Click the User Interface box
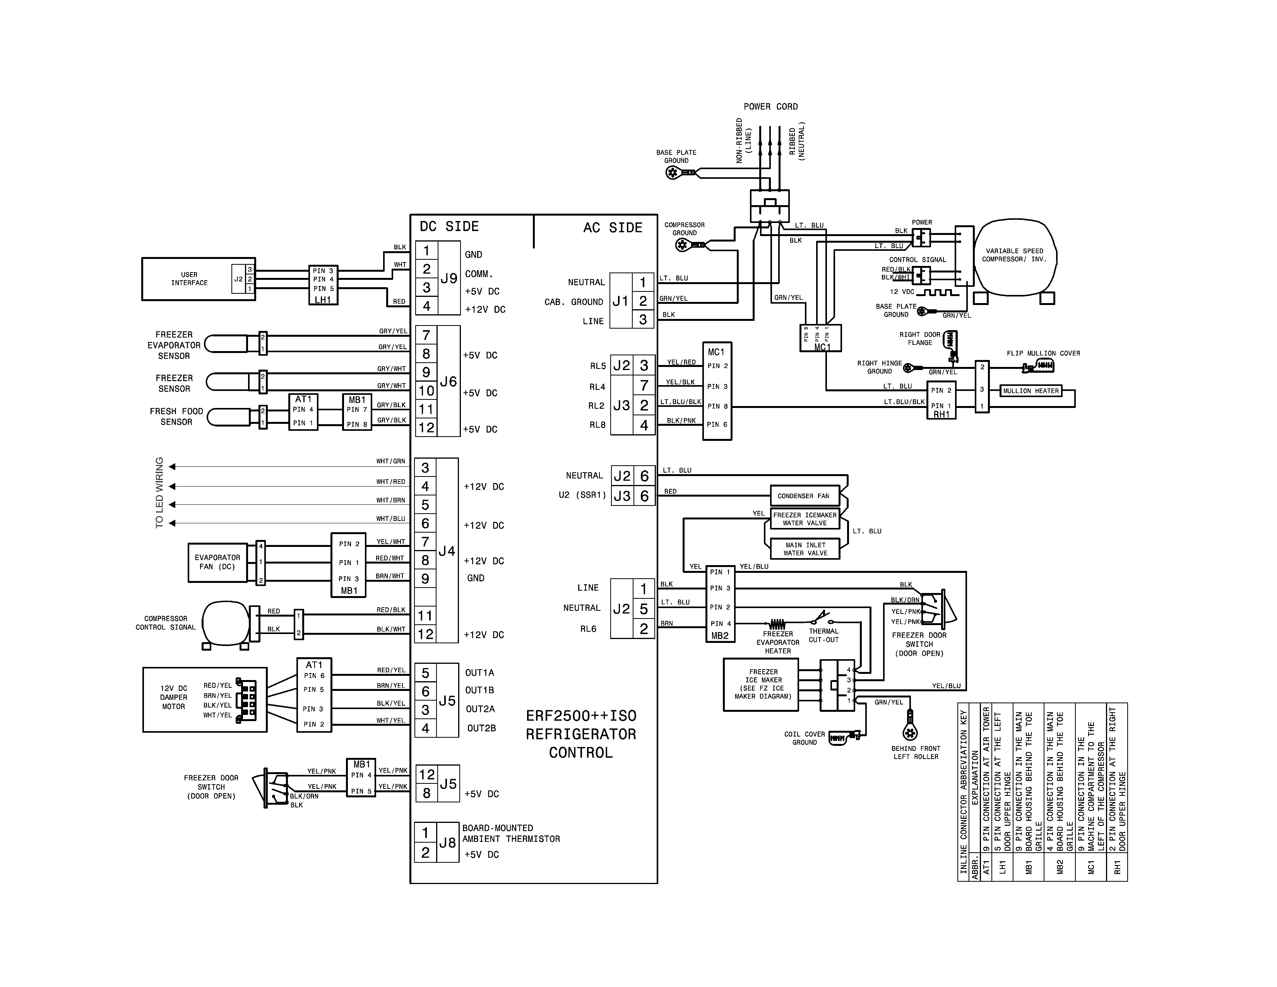tap(189, 279)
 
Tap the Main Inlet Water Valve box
tap(805, 548)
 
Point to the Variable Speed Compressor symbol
tap(1015, 255)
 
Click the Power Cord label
tap(770, 106)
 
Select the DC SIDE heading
tap(449, 227)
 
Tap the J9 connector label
tap(448, 278)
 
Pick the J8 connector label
tap(447, 843)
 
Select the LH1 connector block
tap(323, 285)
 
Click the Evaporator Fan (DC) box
tap(217, 562)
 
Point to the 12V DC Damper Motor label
tap(174, 697)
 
